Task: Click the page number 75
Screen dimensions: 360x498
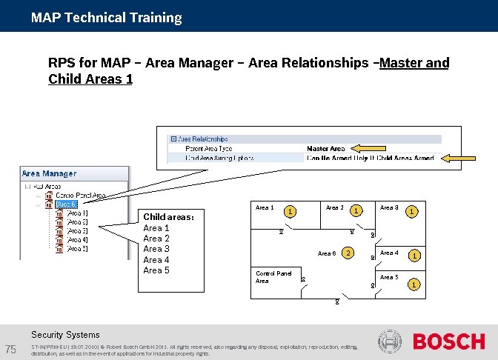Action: (10, 349)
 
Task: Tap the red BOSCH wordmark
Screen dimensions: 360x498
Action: (448, 342)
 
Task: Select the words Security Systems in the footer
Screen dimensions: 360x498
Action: (65, 335)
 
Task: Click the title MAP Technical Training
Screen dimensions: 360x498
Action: (106, 17)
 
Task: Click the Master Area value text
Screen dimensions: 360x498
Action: (325, 148)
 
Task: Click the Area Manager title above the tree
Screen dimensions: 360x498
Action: (49, 173)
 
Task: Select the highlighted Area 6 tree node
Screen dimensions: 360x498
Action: (67, 204)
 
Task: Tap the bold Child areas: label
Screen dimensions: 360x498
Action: (168, 217)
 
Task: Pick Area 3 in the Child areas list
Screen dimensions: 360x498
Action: (156, 249)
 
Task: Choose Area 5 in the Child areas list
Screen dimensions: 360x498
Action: (156, 270)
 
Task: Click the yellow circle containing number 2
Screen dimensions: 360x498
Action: (348, 253)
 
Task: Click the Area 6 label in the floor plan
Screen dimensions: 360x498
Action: (326, 254)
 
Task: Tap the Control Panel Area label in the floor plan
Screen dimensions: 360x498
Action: (273, 277)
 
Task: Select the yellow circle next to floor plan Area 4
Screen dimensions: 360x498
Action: (415, 256)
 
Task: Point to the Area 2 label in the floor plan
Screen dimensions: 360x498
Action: (334, 208)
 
